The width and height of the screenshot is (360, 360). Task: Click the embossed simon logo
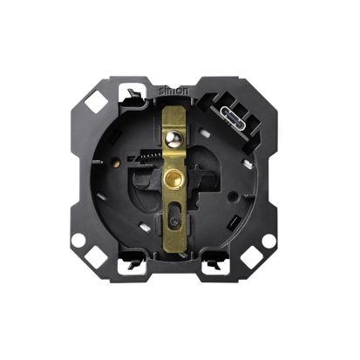(x=173, y=91)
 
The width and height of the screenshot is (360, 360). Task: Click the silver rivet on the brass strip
(x=173, y=139)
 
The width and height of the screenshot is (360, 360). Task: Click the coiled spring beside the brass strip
(x=151, y=159)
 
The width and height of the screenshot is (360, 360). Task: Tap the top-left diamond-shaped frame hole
(x=97, y=101)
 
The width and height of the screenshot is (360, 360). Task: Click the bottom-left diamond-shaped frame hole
(x=97, y=257)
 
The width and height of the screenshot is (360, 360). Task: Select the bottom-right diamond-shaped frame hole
(x=252, y=257)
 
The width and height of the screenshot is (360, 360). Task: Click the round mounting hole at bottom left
(x=78, y=241)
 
